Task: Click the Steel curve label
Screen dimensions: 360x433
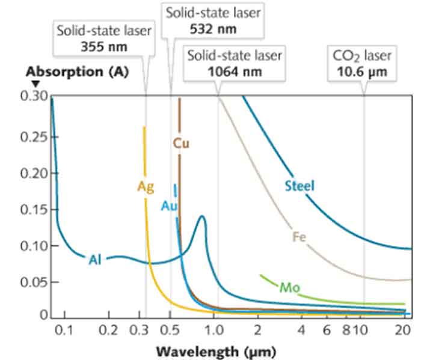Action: pos(299,186)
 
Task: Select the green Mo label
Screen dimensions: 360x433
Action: pos(288,287)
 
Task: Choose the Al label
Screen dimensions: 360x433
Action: pos(95,260)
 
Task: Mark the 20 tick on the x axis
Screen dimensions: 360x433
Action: pos(403,329)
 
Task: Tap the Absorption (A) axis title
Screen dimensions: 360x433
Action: pos(68,70)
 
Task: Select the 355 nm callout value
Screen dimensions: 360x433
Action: pos(104,46)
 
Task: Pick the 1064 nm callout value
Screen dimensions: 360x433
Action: pos(235,71)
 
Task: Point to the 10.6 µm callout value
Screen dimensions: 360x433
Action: pos(363,71)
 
